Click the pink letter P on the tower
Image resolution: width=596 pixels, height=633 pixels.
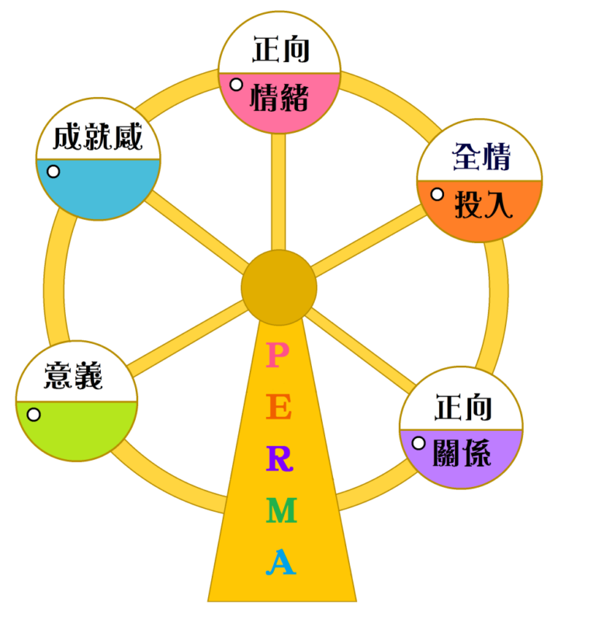(x=277, y=354)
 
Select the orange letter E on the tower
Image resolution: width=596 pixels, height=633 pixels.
(x=279, y=407)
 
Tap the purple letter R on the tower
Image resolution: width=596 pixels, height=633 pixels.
(x=279, y=458)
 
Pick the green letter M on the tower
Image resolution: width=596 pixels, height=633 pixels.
(x=282, y=510)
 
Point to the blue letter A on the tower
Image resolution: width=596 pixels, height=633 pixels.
(x=281, y=562)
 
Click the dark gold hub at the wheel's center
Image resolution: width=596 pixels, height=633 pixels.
(x=279, y=287)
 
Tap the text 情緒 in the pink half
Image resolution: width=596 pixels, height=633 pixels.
(x=279, y=97)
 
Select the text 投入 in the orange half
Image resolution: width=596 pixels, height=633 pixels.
(x=483, y=204)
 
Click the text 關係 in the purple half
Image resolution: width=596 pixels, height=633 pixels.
(x=462, y=453)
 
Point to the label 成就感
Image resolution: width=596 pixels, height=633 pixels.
(x=98, y=137)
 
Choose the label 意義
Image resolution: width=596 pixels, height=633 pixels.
(x=74, y=375)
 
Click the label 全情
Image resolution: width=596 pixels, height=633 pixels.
(x=481, y=156)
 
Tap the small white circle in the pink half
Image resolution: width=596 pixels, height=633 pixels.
(x=236, y=85)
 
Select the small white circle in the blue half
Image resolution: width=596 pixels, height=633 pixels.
(x=54, y=172)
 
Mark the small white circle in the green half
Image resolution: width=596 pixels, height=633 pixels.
(x=34, y=415)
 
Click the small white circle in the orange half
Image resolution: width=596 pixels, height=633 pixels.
(x=437, y=194)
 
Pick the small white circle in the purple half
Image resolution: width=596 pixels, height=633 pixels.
(x=418, y=443)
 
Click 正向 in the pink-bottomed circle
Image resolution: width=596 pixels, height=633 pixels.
(x=281, y=49)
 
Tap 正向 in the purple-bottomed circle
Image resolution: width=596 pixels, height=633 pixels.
(x=463, y=407)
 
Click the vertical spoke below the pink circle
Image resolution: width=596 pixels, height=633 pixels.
(x=279, y=192)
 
